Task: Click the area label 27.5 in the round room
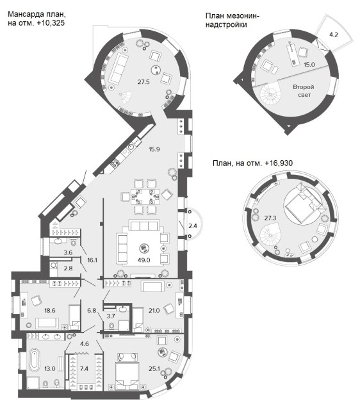[x=143, y=82]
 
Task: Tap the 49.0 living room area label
[x=143, y=260]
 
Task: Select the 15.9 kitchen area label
[x=154, y=149]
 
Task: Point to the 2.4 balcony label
[x=193, y=225]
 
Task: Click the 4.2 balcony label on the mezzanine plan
[x=334, y=34]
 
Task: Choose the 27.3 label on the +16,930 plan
[x=270, y=218]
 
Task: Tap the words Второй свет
[x=303, y=90]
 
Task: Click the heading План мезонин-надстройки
[x=233, y=20]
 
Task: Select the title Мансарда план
[x=37, y=14]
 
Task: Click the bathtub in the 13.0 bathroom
[x=34, y=360]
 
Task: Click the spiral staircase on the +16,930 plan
[x=270, y=236]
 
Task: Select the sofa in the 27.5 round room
[x=119, y=68]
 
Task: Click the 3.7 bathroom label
[x=111, y=316]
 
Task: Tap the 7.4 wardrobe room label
[x=84, y=369]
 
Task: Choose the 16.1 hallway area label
[x=92, y=260]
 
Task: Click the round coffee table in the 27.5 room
[x=156, y=70]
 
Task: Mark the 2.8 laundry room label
[x=68, y=268]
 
